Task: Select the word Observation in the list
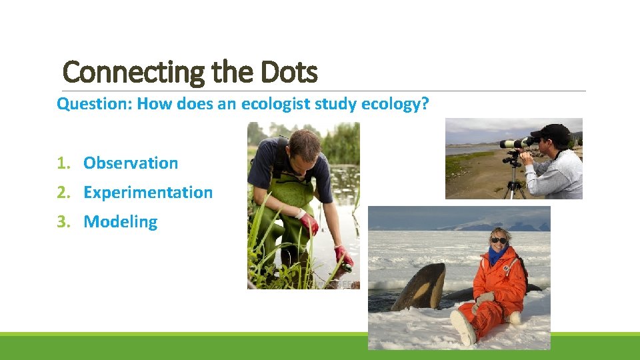point(131,163)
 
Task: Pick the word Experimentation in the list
point(148,192)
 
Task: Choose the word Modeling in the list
point(121,221)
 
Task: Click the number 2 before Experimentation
point(61,192)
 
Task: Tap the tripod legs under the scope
point(513,183)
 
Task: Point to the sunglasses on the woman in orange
point(499,240)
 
